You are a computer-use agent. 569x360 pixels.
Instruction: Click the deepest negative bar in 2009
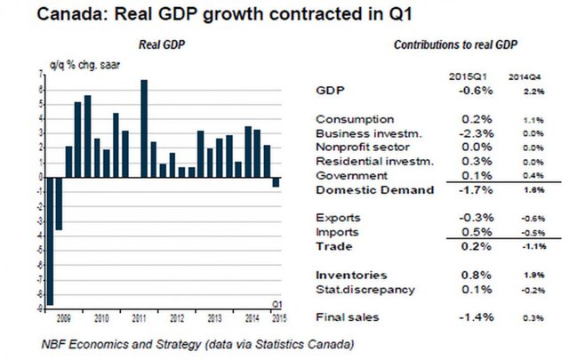pyautogui.click(x=51, y=240)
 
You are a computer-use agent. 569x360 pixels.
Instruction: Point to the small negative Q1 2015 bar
pyautogui.click(x=276, y=181)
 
